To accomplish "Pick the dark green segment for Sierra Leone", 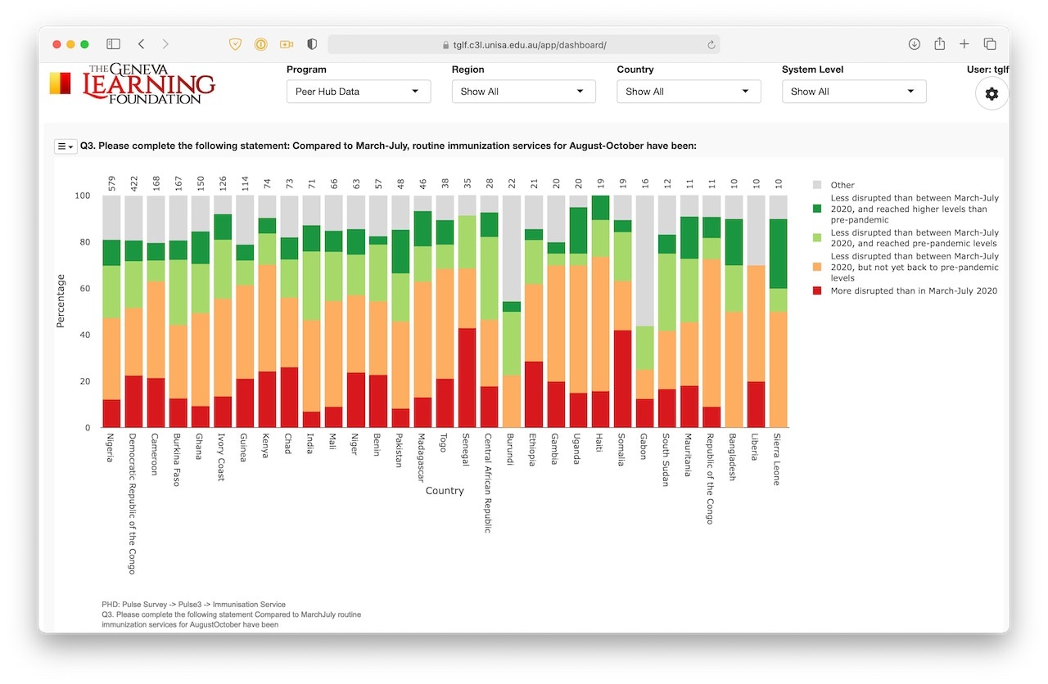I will click(x=777, y=254).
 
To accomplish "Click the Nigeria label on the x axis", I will click(x=110, y=447).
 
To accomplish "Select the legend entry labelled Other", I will click(x=842, y=186).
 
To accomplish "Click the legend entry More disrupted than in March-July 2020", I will click(x=914, y=291).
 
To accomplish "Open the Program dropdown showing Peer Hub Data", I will click(x=358, y=92).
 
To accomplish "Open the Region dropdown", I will click(x=523, y=92).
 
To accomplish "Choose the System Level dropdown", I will click(x=853, y=92).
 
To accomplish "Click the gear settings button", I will click(x=992, y=94).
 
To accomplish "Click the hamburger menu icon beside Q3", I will click(x=65, y=146).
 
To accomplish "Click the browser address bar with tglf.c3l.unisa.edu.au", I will click(x=524, y=44).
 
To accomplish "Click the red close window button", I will click(x=56, y=44).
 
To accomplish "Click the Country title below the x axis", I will click(x=445, y=491).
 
